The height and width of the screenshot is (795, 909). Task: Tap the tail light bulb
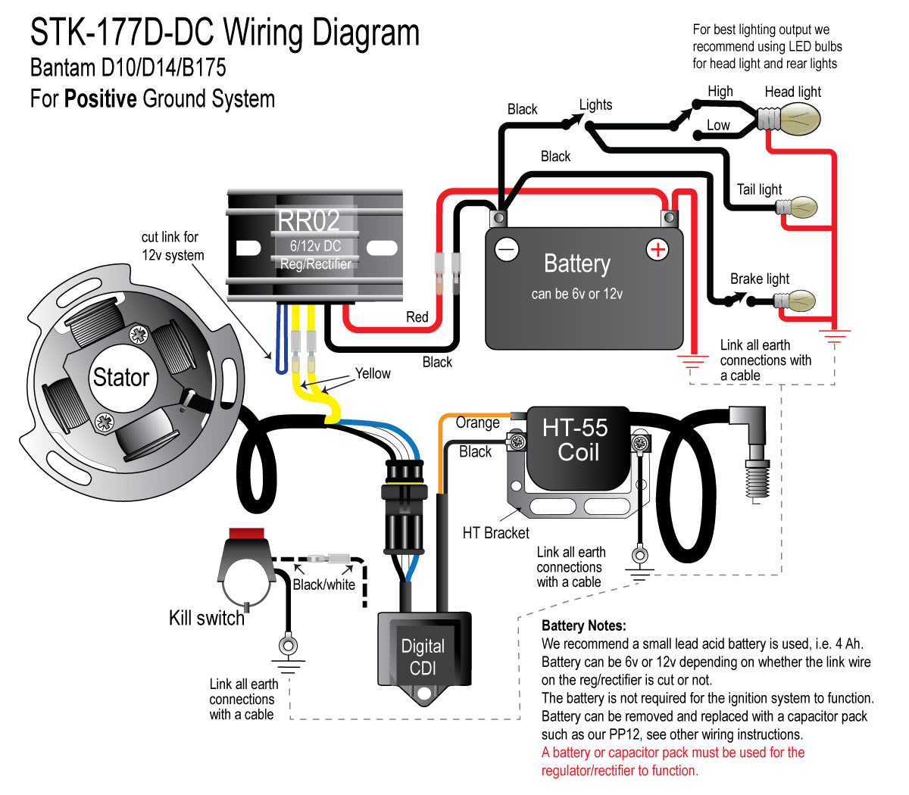(801, 207)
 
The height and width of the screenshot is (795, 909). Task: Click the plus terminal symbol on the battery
(657, 249)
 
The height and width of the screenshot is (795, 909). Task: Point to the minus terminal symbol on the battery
(506, 249)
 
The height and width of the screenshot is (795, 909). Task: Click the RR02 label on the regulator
(308, 221)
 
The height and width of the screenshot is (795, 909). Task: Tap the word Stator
(120, 377)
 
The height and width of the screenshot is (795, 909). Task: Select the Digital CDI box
(423, 657)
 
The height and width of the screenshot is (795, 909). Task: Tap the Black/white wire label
(323, 585)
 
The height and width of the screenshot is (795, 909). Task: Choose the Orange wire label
(477, 422)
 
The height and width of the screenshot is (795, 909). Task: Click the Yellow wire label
(373, 373)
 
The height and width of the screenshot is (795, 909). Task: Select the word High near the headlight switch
(720, 92)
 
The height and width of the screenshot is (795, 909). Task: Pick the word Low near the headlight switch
(718, 126)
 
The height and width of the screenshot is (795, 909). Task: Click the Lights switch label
(595, 105)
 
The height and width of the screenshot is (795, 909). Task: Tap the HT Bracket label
(495, 533)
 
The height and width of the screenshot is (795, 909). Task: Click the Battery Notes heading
(583, 626)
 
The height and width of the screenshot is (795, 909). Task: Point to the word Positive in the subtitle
(101, 99)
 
